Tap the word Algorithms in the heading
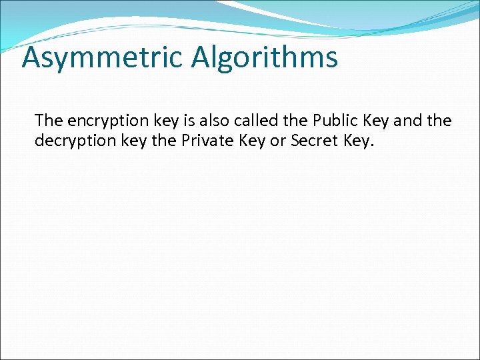pos(265,58)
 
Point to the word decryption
pos(70,141)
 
